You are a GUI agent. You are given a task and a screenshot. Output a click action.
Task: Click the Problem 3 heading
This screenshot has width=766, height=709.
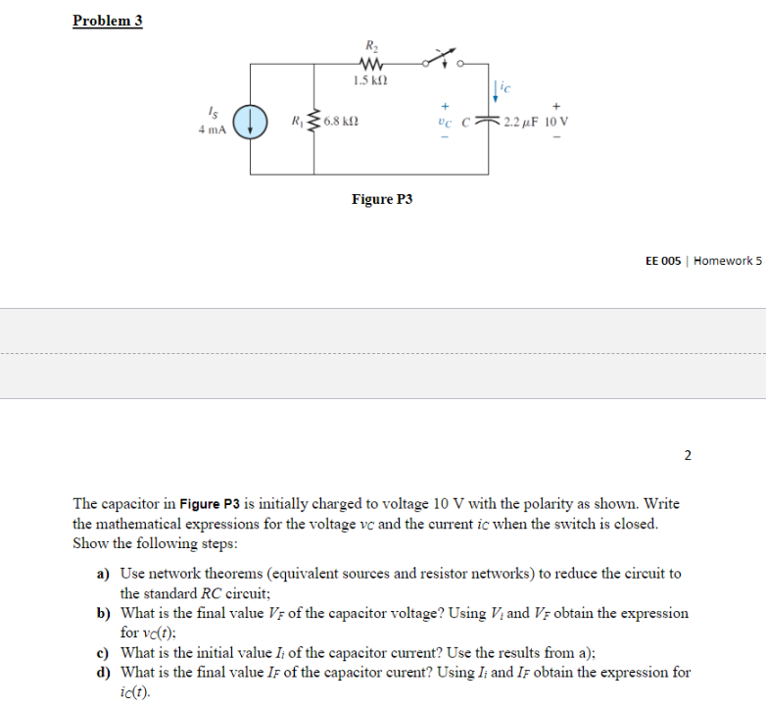[x=108, y=21]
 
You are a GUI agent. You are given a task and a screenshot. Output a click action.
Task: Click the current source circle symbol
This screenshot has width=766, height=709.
[x=252, y=122]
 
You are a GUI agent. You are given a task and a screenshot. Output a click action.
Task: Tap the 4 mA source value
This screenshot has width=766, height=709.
[x=213, y=128]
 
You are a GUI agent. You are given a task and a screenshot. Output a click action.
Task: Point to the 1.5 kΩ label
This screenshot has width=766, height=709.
[x=370, y=80]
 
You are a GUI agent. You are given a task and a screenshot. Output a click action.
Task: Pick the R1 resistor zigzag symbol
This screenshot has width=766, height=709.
[x=313, y=122]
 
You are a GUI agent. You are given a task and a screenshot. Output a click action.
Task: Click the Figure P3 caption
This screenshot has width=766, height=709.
[x=382, y=199]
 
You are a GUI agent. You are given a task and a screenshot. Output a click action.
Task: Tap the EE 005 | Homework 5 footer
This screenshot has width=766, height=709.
[x=702, y=261]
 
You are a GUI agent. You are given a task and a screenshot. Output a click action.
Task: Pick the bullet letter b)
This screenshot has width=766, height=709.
[x=102, y=613]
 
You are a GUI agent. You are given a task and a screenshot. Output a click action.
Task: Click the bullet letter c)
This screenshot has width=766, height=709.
[x=102, y=652]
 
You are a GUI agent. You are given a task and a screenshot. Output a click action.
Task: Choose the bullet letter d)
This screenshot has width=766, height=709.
[x=102, y=672]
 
